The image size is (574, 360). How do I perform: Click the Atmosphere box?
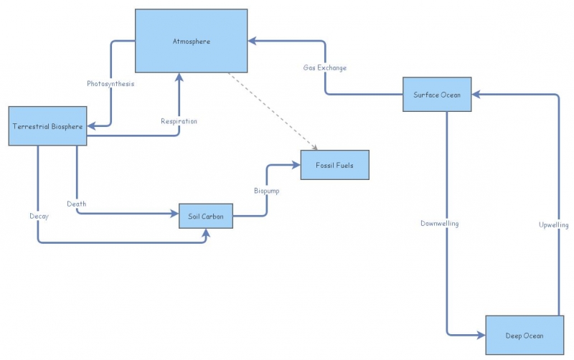tap(192, 41)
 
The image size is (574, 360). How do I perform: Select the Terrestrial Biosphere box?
tap(47, 126)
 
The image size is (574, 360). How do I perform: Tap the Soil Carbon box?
tap(206, 215)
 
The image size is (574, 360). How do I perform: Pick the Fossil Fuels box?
tap(334, 165)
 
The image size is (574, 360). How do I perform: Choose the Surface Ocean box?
tap(437, 94)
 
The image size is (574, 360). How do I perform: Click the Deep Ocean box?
tap(523, 335)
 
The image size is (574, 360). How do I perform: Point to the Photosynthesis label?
tap(110, 84)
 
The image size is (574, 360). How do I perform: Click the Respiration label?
tap(179, 121)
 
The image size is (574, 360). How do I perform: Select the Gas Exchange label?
tap(324, 68)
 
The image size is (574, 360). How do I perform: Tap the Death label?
tap(77, 204)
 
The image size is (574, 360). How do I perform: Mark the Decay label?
tap(39, 216)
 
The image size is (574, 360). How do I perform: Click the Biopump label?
tap(267, 191)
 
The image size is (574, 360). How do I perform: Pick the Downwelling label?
tap(439, 224)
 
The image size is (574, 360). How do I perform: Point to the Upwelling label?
tap(553, 225)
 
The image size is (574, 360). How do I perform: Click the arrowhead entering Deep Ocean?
tap(479, 335)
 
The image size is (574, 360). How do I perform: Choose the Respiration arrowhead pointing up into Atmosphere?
tap(179, 77)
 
